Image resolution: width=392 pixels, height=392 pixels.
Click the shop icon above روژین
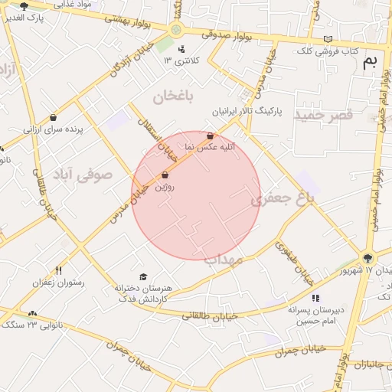click(165, 175)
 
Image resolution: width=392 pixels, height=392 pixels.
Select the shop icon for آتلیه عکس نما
click(211, 135)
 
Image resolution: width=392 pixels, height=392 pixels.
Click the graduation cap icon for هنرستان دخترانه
click(142, 276)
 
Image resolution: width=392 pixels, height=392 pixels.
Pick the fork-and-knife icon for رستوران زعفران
click(58, 270)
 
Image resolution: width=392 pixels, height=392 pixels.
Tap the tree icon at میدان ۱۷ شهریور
click(368, 259)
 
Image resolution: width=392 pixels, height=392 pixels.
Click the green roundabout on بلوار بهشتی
click(177, 30)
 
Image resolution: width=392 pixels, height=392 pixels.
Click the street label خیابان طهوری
click(294, 261)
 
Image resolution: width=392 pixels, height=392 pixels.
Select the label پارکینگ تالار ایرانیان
click(247, 112)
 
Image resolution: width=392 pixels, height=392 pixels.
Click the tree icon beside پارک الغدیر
click(24, 6)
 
